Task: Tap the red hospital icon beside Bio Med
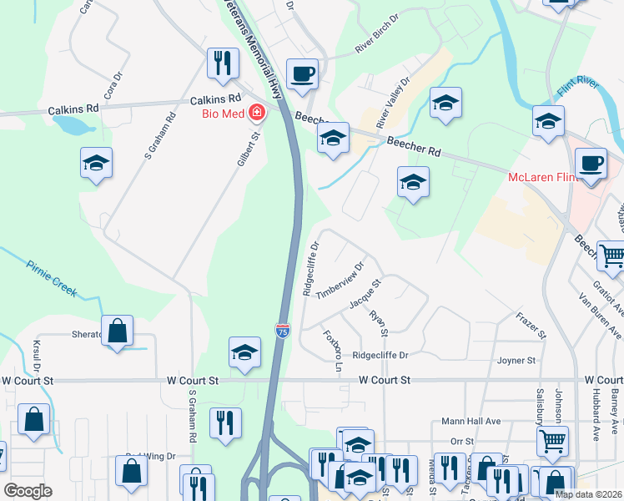tap(256, 112)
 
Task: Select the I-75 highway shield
tap(283, 331)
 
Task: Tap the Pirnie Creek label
tap(51, 279)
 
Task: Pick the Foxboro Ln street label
tap(333, 352)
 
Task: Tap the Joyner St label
tap(515, 361)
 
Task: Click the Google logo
tap(28, 491)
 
